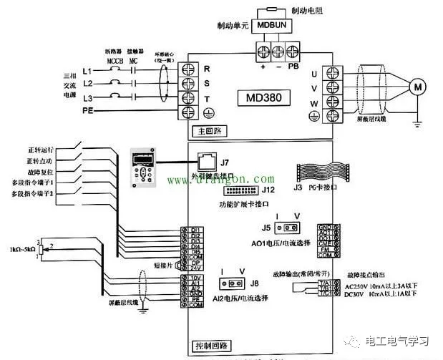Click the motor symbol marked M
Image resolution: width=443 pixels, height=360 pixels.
point(416,87)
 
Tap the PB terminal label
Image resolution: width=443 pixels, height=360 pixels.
point(293,67)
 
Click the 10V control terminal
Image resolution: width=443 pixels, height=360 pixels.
point(193,277)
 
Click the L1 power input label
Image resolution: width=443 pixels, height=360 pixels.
point(88,71)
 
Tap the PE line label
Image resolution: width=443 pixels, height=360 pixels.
point(88,111)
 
